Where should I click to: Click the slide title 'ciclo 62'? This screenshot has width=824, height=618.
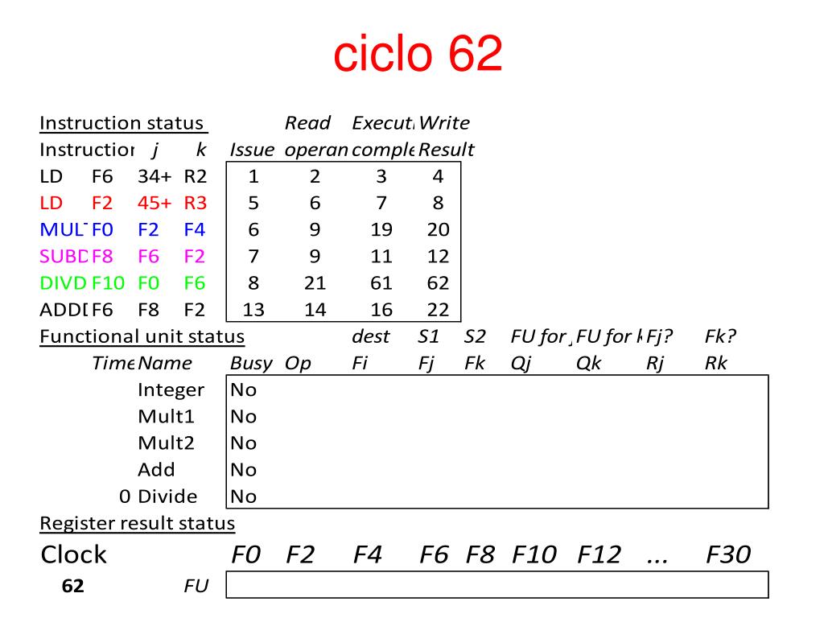[418, 54]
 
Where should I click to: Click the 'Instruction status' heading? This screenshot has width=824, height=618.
[123, 123]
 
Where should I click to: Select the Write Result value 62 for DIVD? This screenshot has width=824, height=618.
[439, 283]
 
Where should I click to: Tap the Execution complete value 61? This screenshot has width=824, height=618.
[381, 283]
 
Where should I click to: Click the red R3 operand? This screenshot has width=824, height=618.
[196, 204]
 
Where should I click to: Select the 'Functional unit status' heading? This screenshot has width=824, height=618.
[142, 336]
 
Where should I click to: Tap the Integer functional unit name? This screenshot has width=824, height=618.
[171, 390]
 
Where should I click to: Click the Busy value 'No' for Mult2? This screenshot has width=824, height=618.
[243, 443]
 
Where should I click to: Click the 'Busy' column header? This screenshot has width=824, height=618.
[250, 363]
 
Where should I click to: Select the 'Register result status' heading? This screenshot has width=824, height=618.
[137, 524]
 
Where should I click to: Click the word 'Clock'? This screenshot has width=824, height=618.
[73, 554]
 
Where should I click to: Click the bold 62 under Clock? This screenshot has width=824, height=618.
[72, 586]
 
